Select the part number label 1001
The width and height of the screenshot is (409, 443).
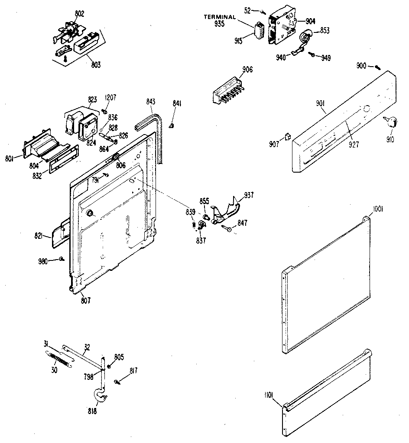tap(378, 209)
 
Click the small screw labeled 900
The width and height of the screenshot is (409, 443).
tap(377, 67)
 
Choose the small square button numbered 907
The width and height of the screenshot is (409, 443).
tap(287, 137)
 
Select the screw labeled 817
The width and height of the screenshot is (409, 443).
tap(118, 381)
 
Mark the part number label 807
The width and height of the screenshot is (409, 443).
tap(86, 301)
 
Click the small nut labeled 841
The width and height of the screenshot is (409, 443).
tap(171, 125)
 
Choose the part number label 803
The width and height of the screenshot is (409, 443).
tap(96, 65)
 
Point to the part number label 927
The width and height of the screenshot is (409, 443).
tap(354, 145)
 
